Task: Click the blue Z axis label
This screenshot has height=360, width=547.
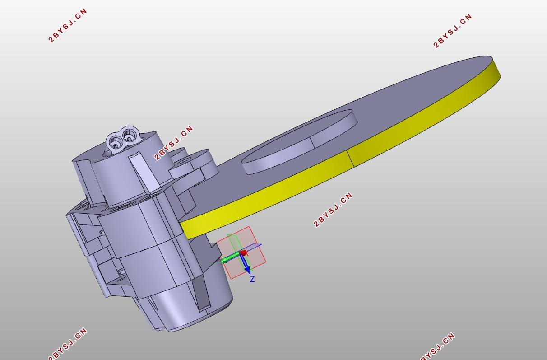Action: point(252,279)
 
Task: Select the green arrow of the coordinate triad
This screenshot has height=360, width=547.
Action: point(231,258)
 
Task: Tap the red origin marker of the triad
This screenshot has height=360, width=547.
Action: point(243,252)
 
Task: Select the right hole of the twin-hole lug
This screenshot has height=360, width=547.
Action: point(129,135)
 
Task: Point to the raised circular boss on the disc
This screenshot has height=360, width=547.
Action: point(299,142)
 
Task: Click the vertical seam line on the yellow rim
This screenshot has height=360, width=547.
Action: point(350,159)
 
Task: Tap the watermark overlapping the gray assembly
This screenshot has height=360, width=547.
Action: point(174,143)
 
